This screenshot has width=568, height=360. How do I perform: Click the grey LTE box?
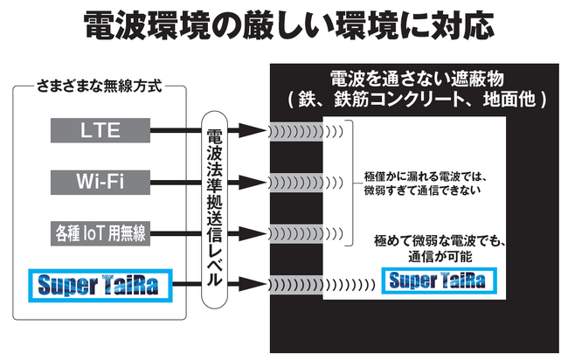(100, 132)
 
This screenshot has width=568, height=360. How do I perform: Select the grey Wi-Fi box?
(100, 182)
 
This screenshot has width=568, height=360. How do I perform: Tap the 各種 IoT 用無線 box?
(100, 232)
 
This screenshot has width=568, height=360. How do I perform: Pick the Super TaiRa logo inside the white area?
(441, 281)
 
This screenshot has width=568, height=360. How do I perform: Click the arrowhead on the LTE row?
(252, 132)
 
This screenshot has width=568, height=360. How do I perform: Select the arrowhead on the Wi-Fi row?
(252, 182)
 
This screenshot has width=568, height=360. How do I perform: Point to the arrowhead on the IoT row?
(252, 232)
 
